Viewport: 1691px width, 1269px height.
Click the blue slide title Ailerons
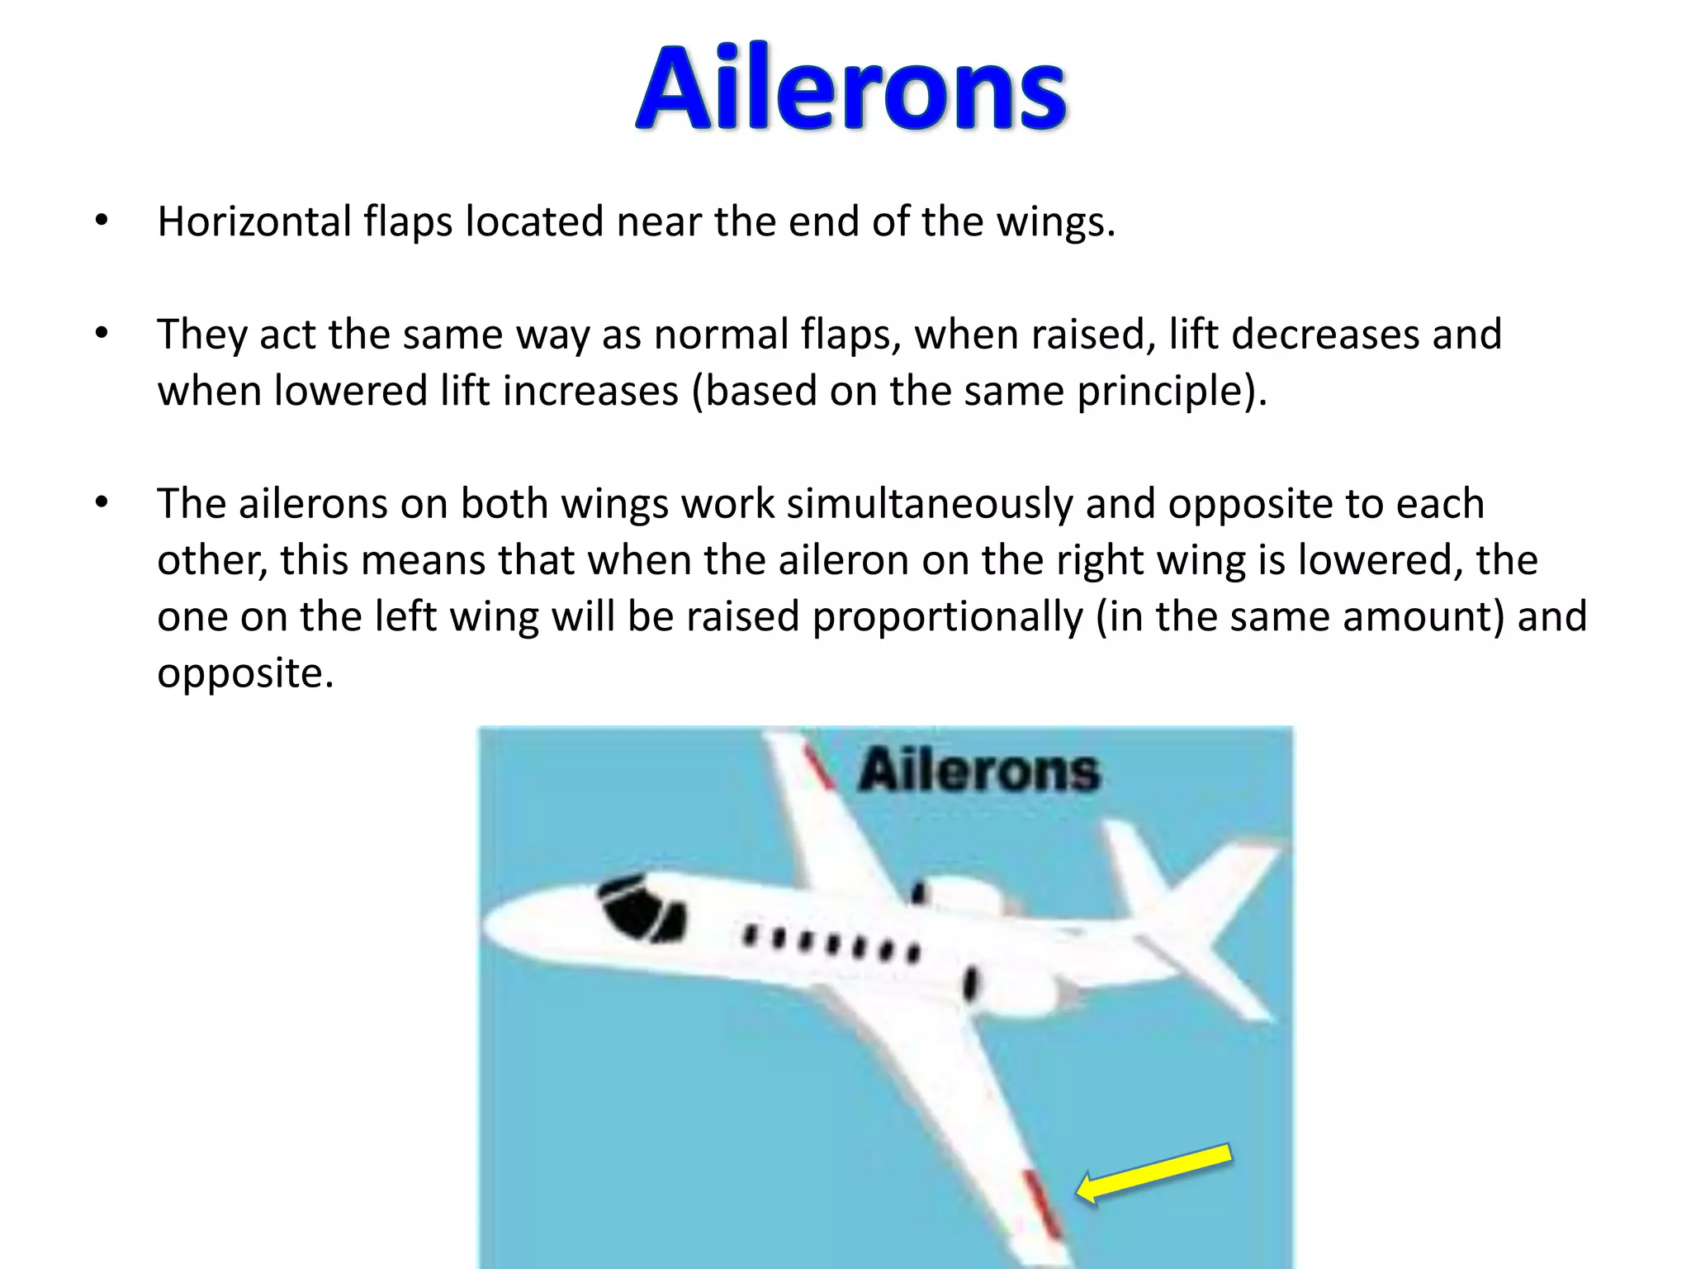coord(850,89)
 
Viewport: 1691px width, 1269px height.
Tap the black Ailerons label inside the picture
coord(979,771)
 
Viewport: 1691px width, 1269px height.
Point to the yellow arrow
coord(1154,1172)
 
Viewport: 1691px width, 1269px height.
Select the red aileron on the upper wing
coord(819,768)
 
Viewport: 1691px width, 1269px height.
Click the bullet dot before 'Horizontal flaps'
coord(102,221)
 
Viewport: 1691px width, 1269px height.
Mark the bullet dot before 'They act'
coord(102,334)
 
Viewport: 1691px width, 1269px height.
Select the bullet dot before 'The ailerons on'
coord(102,503)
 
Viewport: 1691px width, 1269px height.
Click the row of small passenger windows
coord(831,944)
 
